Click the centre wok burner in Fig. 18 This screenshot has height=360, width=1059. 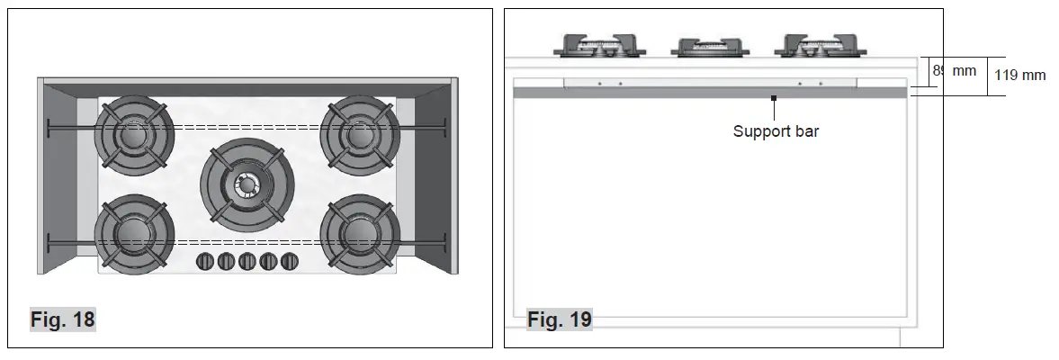tap(245, 185)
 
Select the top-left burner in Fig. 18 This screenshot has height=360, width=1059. tap(135, 136)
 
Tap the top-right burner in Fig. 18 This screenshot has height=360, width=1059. tap(358, 136)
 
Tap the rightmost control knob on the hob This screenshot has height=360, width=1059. tap(290, 262)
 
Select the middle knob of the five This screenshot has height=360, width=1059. tap(247, 262)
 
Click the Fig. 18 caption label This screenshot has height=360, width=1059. tap(62, 319)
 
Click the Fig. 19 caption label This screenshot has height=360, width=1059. tap(559, 319)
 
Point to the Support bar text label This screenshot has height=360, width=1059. tap(776, 131)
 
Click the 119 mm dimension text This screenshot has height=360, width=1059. tap(1019, 76)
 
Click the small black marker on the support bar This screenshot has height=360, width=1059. tap(773, 96)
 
